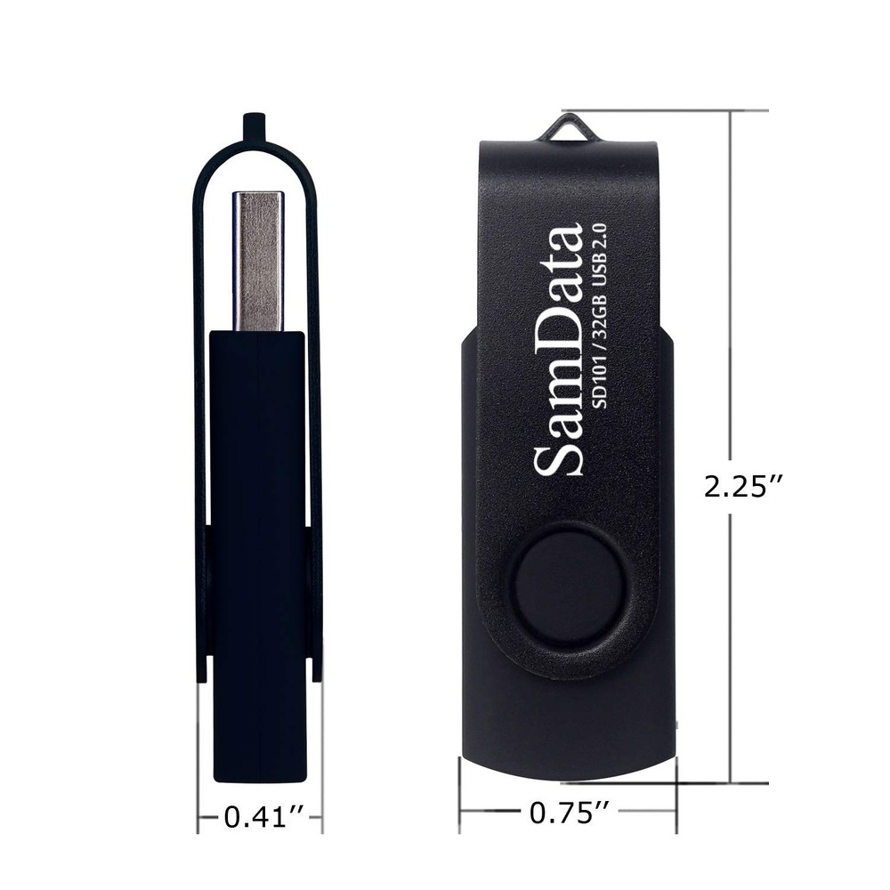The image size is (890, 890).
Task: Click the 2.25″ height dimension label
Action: (744, 486)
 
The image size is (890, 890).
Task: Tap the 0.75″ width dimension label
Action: (570, 812)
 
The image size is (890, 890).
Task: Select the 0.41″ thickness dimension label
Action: (260, 816)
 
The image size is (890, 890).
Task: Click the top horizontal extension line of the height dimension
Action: (676, 110)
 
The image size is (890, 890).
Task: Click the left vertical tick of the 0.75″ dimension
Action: (459, 792)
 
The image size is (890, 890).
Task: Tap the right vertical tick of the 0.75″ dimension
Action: (677, 792)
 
